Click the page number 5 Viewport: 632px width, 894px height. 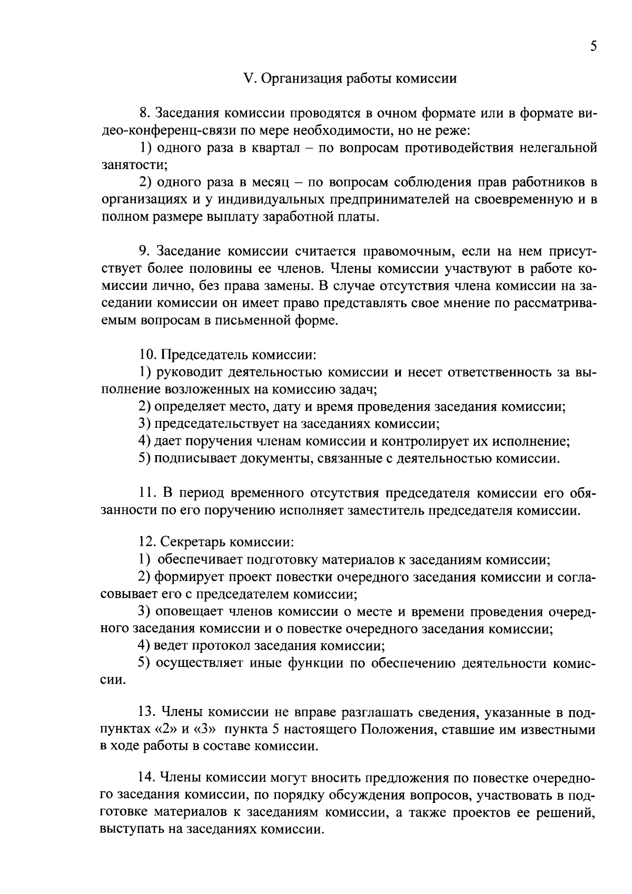point(594,46)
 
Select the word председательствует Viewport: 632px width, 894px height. point(229,424)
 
